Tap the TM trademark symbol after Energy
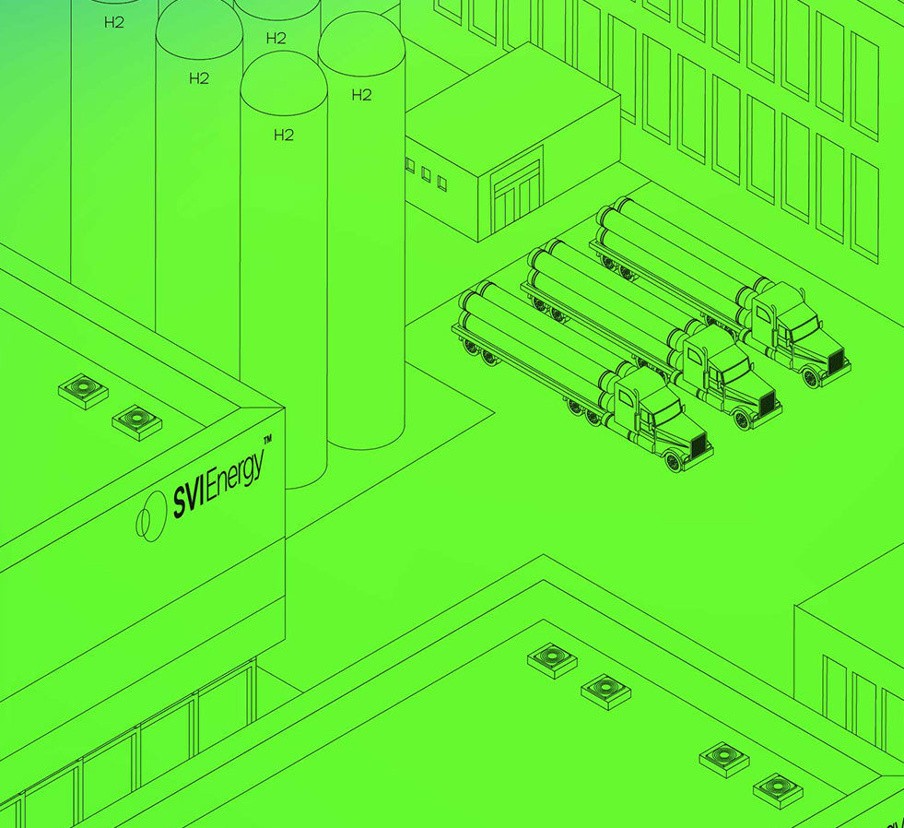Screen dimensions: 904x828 coord(267,440)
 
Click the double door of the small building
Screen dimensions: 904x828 coord(518,196)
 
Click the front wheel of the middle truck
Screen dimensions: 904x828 coord(742,420)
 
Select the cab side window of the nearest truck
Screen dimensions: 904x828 coord(625,397)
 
